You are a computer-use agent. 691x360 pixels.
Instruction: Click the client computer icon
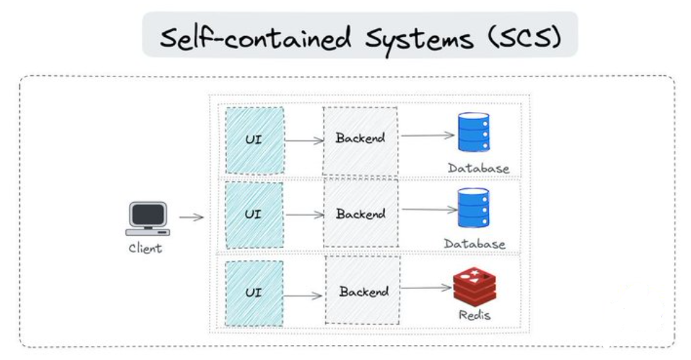(x=147, y=218)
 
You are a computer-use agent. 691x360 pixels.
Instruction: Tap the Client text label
(x=145, y=248)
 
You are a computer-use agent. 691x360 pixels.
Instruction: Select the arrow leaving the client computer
(x=191, y=218)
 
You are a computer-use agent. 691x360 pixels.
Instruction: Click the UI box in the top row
(x=254, y=140)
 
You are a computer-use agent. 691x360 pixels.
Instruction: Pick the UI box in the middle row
(x=254, y=214)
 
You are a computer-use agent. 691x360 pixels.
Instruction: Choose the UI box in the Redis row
(x=254, y=293)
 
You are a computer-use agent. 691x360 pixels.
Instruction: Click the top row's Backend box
(x=360, y=140)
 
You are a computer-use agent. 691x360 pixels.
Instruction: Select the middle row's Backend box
(x=360, y=214)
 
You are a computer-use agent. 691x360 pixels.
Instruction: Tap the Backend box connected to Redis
(x=363, y=291)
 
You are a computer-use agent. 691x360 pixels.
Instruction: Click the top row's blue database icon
(x=473, y=133)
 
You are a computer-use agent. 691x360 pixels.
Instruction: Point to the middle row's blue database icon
(x=473, y=208)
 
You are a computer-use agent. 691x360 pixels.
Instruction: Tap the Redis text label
(x=474, y=315)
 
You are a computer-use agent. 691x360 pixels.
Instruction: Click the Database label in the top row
(x=478, y=168)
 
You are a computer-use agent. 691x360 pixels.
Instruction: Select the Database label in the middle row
(x=475, y=244)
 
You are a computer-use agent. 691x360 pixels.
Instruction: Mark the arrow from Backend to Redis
(x=427, y=288)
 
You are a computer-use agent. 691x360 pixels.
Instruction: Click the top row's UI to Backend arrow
(x=303, y=140)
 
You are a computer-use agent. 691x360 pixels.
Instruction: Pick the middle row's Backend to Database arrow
(x=428, y=210)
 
